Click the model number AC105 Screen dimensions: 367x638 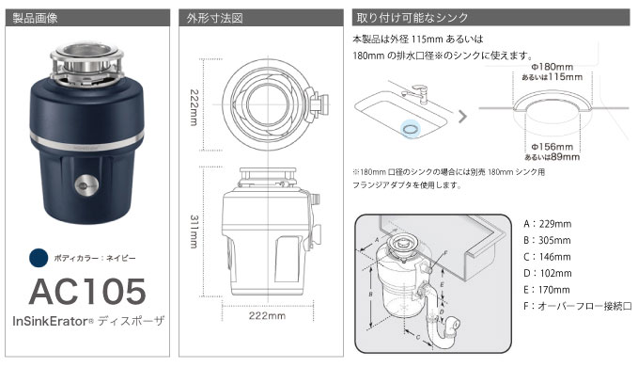(x=86, y=291)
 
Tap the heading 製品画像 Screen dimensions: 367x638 (x=35, y=17)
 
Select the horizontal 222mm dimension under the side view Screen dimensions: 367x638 (x=269, y=316)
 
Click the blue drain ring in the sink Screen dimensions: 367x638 (x=410, y=125)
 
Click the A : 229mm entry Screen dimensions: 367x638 (x=547, y=223)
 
